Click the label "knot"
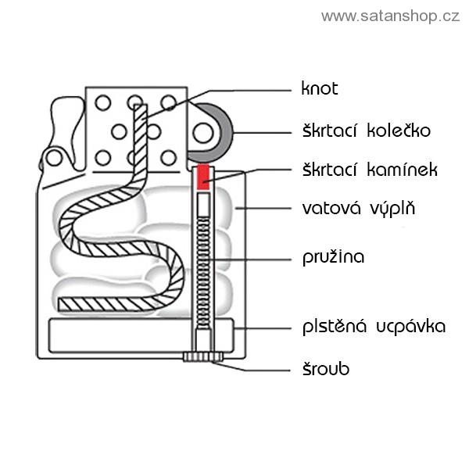pos(319,88)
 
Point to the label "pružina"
pos(333,256)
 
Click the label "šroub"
pos(325,368)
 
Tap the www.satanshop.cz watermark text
pos(390,16)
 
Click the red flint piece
pos(203,177)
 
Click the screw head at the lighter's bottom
pos(203,357)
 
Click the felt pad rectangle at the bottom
pos(117,335)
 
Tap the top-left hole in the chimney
pos(102,102)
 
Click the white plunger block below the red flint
pos(203,205)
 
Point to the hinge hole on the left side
pos(54,159)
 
